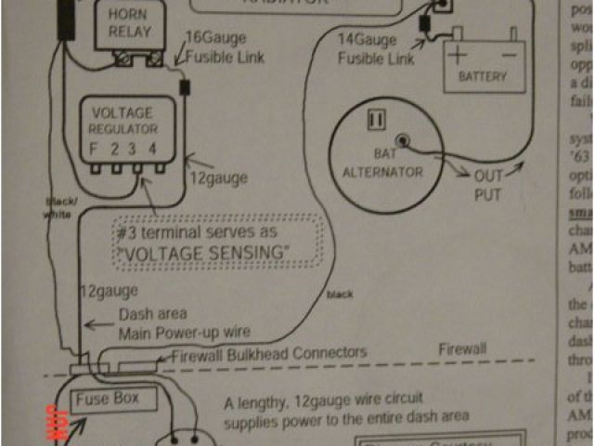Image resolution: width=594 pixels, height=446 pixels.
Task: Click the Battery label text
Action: coord(484,77)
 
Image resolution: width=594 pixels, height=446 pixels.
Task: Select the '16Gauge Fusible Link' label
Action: coord(225,47)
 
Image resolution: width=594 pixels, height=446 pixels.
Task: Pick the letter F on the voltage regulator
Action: coord(93,148)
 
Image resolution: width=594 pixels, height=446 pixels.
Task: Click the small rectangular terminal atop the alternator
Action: coord(377,120)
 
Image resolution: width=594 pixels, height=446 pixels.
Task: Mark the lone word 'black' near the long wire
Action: coord(339,295)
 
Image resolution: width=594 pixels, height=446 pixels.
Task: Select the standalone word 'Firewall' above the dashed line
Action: coord(461,348)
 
